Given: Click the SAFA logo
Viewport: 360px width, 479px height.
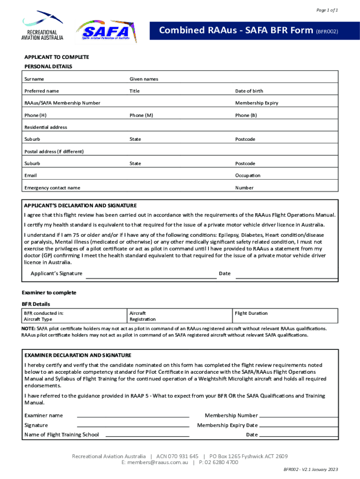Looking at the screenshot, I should point(104,32).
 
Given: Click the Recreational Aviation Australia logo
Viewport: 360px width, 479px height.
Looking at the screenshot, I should point(43,26).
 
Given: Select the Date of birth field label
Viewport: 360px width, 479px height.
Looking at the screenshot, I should point(249,91).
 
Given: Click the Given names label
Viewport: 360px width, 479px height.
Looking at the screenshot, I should point(144,79).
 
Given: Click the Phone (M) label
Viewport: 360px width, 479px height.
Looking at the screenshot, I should point(141,115).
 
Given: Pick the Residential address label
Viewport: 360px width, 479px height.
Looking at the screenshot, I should point(45,127).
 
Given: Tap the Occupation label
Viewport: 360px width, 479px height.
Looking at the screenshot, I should point(248,175).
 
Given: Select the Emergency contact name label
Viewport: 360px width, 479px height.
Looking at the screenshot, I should point(52,188).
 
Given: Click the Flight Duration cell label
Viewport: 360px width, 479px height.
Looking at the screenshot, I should point(251,313).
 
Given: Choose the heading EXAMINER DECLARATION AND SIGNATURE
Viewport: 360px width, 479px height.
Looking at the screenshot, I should point(78,355).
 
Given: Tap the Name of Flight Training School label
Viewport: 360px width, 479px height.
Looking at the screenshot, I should point(61,435).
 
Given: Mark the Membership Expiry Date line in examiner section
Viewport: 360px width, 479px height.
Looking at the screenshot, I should point(298,426).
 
